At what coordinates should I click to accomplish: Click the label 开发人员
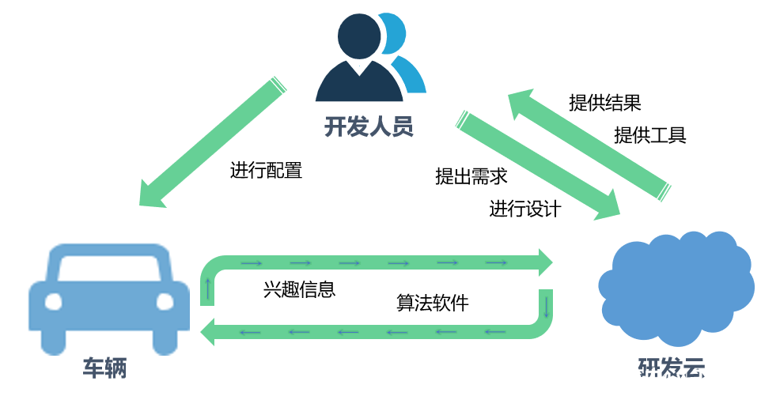(x=369, y=126)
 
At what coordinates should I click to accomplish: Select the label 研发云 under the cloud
(x=672, y=369)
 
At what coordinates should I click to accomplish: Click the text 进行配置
(x=266, y=170)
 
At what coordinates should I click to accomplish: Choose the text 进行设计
(x=524, y=209)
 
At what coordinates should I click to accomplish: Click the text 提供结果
(x=604, y=102)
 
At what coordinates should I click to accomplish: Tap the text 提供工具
(x=649, y=135)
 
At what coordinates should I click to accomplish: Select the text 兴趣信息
(x=299, y=289)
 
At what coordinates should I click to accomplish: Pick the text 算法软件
(x=432, y=303)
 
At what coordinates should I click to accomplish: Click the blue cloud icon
(x=675, y=288)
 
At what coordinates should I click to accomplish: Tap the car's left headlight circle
(x=53, y=302)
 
